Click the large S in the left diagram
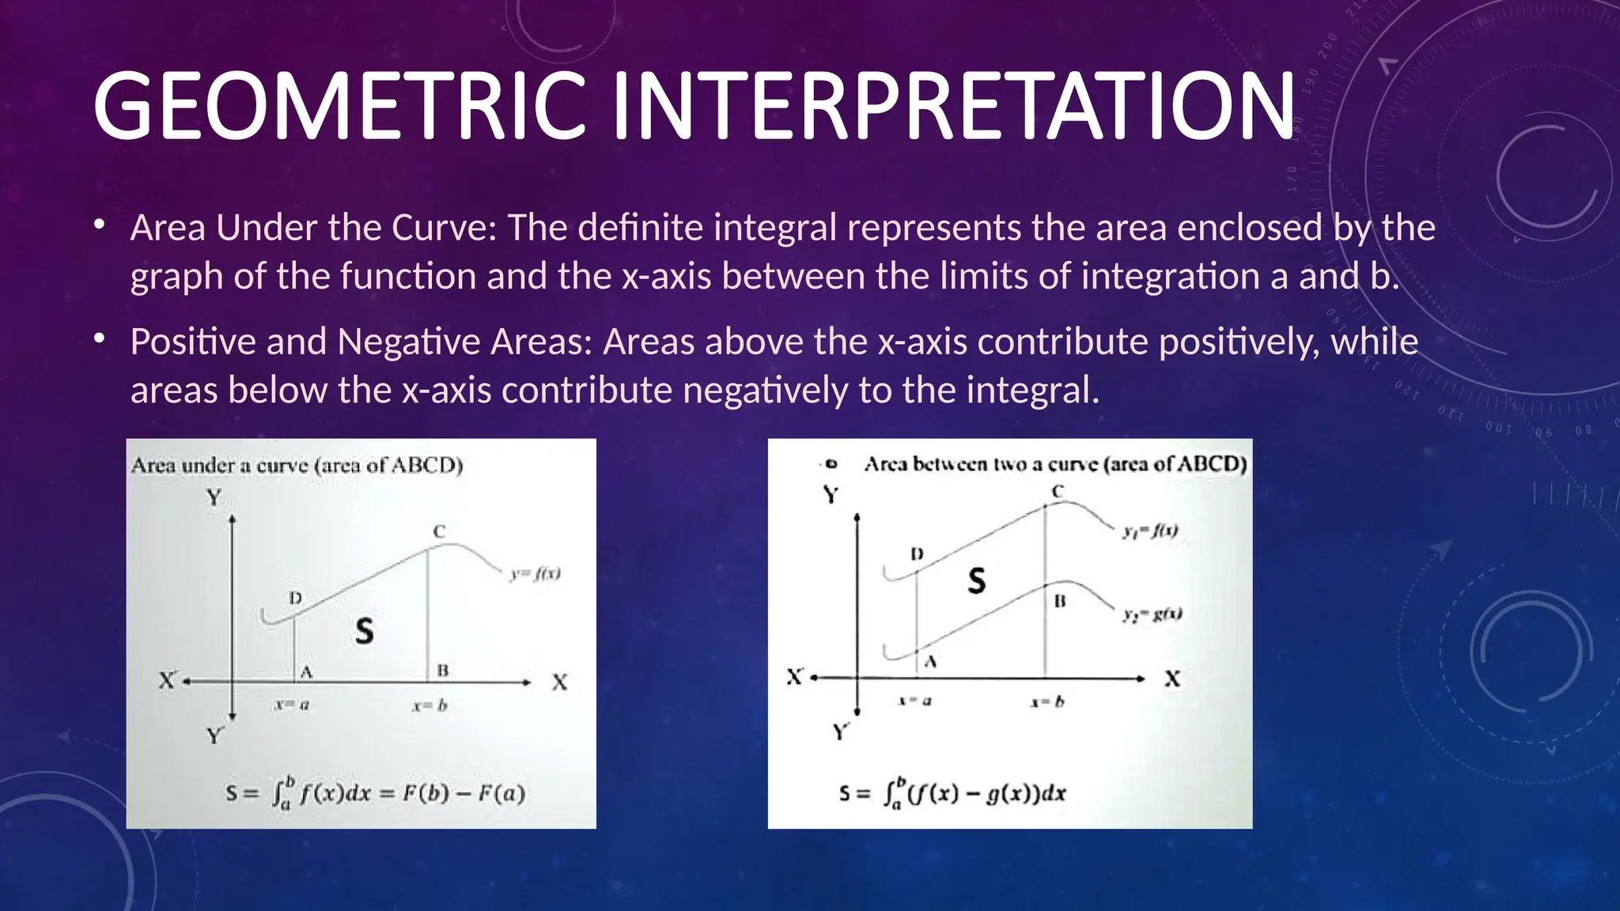pos(364,631)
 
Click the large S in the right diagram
pos(977,581)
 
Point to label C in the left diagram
pos(439,531)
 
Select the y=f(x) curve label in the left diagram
pos(536,573)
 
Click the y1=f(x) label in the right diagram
pos(1150,531)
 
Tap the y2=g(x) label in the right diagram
pos(1152,614)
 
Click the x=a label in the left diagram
pos(292,705)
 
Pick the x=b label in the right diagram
pos(1047,701)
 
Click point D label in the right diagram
pos(917,554)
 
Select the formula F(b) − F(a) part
pos(464,793)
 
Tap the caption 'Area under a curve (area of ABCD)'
pos(297,465)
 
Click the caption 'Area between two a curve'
pos(1055,463)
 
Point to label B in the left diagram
pos(443,671)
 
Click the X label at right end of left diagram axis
pos(559,682)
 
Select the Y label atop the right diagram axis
pos(831,496)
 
